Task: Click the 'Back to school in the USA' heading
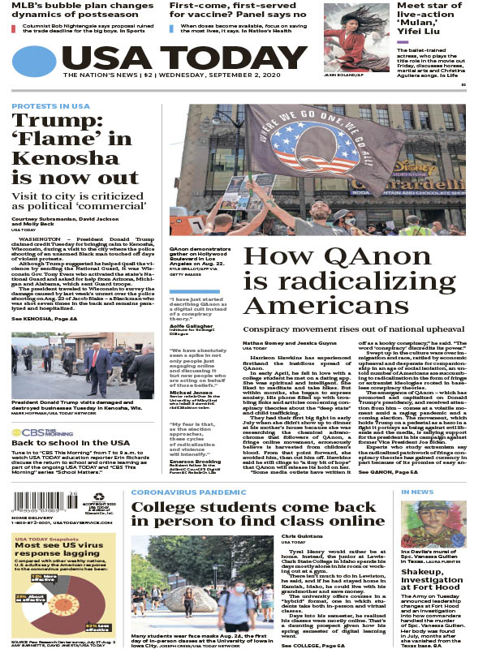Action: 62,443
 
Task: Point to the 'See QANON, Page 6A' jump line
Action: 389,471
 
